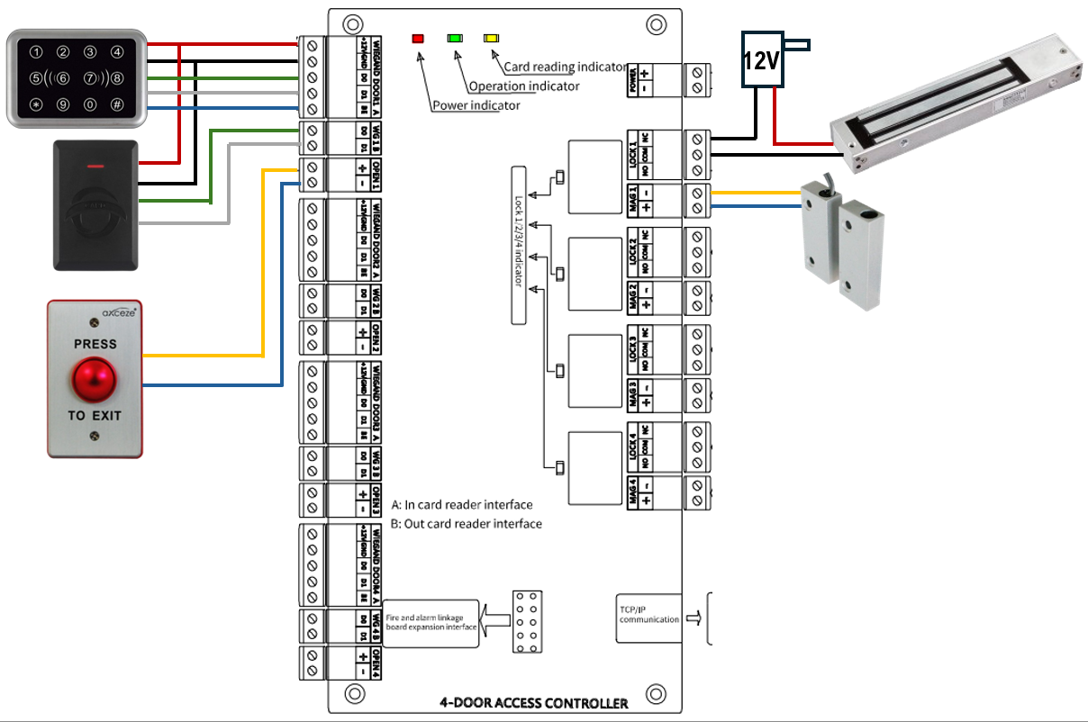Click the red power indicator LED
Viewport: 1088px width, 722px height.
418,39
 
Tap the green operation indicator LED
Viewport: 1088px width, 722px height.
455,39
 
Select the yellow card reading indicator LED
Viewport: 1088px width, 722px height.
491,39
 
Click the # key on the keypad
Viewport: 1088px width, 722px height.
117,104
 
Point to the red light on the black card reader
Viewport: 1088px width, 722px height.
95,167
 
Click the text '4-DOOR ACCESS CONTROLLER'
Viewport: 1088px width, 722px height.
533,702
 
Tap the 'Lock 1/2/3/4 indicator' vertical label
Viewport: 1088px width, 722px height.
519,245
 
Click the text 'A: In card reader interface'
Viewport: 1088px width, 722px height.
462,504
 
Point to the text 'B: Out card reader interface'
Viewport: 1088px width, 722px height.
467,523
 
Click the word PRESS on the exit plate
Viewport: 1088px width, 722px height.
95,344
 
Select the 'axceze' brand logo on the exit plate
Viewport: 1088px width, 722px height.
118,316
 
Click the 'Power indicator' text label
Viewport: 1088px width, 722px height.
476,105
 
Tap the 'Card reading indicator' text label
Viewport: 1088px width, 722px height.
565,67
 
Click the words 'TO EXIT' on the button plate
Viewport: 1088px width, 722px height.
95,416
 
